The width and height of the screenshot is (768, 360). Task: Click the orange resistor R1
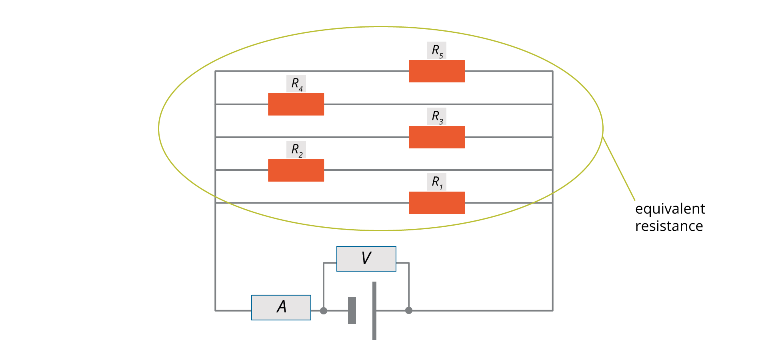coord(436,203)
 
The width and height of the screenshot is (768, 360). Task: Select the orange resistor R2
coord(296,170)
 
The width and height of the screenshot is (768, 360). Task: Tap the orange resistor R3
coord(436,137)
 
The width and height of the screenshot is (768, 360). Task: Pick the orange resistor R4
coord(296,104)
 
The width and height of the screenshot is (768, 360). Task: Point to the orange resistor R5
coord(436,71)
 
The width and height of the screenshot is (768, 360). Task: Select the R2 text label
coord(296,150)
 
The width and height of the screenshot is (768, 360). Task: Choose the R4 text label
coord(296,84)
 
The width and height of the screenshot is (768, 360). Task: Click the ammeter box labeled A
coord(281,308)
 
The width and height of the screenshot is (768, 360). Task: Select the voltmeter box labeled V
coord(366,259)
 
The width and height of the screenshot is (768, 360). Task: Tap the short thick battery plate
coord(352,310)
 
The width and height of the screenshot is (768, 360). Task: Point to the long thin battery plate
coord(374,311)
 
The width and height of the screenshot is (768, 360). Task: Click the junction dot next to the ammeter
coord(324,311)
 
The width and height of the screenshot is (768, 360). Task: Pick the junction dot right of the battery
coord(409,310)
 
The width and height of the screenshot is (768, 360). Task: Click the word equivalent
coord(670,209)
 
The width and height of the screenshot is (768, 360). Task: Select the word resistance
coord(669,226)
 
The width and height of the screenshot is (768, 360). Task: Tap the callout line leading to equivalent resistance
coord(619,168)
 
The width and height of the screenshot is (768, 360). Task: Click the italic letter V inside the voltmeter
coord(366,258)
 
